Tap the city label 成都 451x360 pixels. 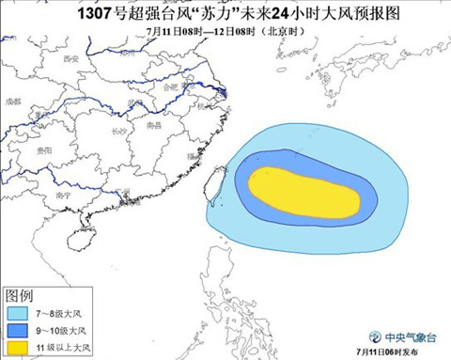(x=12, y=100)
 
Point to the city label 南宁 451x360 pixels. (x=64, y=196)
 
